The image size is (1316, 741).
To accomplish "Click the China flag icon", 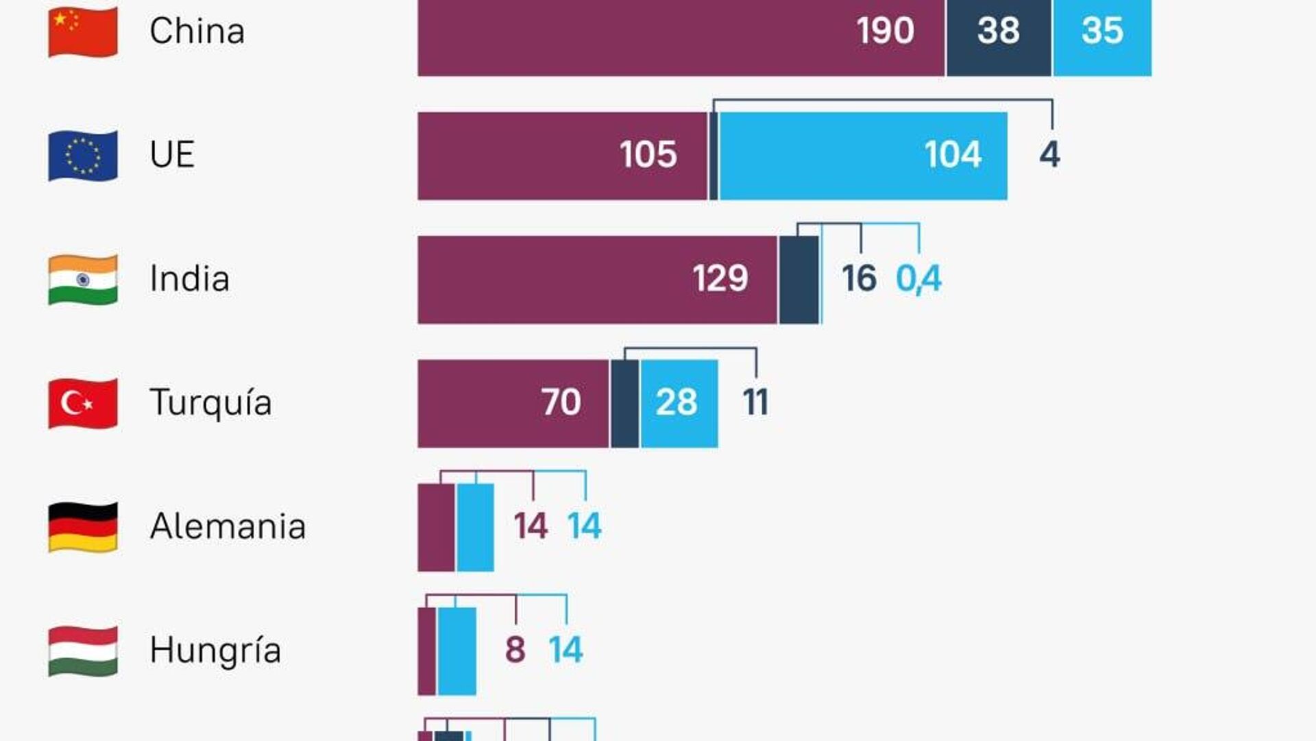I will (x=83, y=32).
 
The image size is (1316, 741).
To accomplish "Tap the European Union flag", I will (x=83, y=156).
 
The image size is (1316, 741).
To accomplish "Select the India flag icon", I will (x=83, y=280).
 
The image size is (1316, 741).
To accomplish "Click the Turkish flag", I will (x=83, y=403).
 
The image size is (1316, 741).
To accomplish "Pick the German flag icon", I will (x=83, y=527).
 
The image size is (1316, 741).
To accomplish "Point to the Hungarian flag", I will (x=83, y=651).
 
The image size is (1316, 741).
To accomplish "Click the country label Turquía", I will (x=210, y=403).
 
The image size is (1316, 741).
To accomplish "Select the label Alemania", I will (x=228, y=526).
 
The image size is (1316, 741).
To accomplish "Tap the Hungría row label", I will (x=215, y=651).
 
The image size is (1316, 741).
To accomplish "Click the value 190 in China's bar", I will (x=885, y=31).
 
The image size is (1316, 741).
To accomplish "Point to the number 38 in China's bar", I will (x=999, y=31).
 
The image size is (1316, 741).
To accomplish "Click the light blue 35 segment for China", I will (x=1102, y=31).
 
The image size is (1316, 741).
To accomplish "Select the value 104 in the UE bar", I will (x=953, y=154).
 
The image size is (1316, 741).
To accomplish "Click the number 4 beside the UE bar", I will (x=1049, y=154).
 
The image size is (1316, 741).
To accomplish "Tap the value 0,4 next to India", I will (x=918, y=279).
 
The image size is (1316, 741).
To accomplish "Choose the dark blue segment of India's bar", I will (x=799, y=280).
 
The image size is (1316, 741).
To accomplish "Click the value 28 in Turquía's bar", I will (x=677, y=402).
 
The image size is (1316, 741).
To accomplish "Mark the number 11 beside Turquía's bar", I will (x=755, y=402).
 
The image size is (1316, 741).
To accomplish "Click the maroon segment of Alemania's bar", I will (x=436, y=527).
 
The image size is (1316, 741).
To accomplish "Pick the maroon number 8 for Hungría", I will (x=515, y=650).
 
